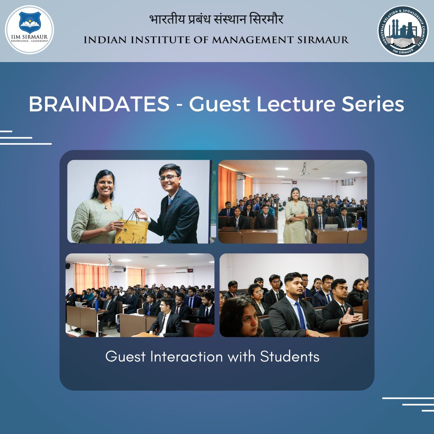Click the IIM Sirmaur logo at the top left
point(30,30)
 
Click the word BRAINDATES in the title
point(99,104)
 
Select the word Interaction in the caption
point(187,357)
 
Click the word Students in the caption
point(290,357)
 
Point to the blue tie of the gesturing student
point(300,315)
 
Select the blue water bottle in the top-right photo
point(360,223)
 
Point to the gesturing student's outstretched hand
point(350,318)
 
